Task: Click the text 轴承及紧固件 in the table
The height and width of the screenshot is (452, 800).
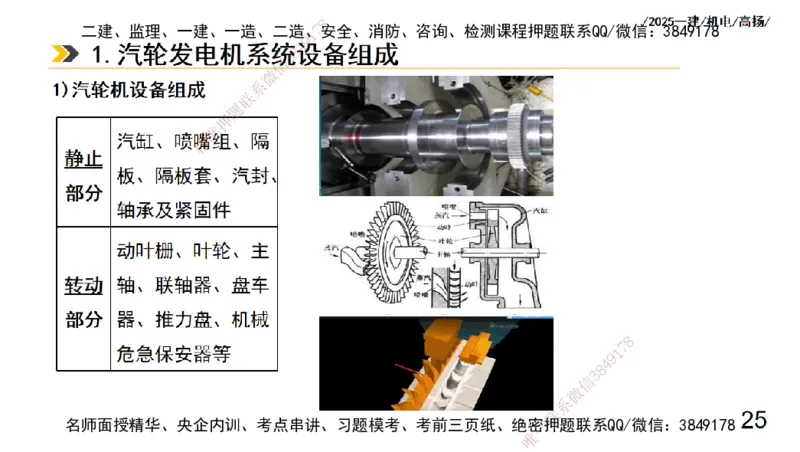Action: pyautogui.click(x=173, y=210)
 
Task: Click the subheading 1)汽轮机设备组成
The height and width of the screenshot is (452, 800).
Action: pyautogui.click(x=129, y=92)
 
